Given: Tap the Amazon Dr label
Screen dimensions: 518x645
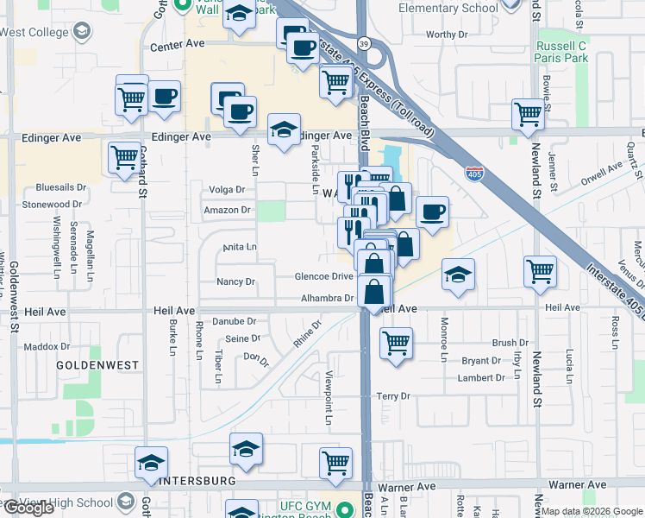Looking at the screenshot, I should click(227, 210).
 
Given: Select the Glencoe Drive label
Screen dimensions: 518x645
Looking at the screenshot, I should click(324, 276).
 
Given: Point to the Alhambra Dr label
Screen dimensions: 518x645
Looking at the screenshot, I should click(328, 299).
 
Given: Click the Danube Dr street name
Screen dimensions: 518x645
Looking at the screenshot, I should click(235, 320).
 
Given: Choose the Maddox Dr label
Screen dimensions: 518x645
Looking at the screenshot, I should click(47, 346).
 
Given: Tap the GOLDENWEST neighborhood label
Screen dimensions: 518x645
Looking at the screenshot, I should click(97, 365).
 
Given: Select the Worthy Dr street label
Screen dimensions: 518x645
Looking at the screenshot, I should click(446, 35).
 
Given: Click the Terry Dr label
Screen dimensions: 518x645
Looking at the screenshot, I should click(393, 396).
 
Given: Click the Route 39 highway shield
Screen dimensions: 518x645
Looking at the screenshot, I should click(363, 44).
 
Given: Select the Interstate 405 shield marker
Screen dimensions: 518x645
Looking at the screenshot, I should click(474, 174).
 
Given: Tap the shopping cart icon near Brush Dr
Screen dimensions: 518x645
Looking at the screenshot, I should click(396, 342).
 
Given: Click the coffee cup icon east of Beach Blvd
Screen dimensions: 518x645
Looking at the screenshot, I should click(432, 211).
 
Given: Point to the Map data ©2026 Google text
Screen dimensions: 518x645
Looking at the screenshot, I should click(592, 511).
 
